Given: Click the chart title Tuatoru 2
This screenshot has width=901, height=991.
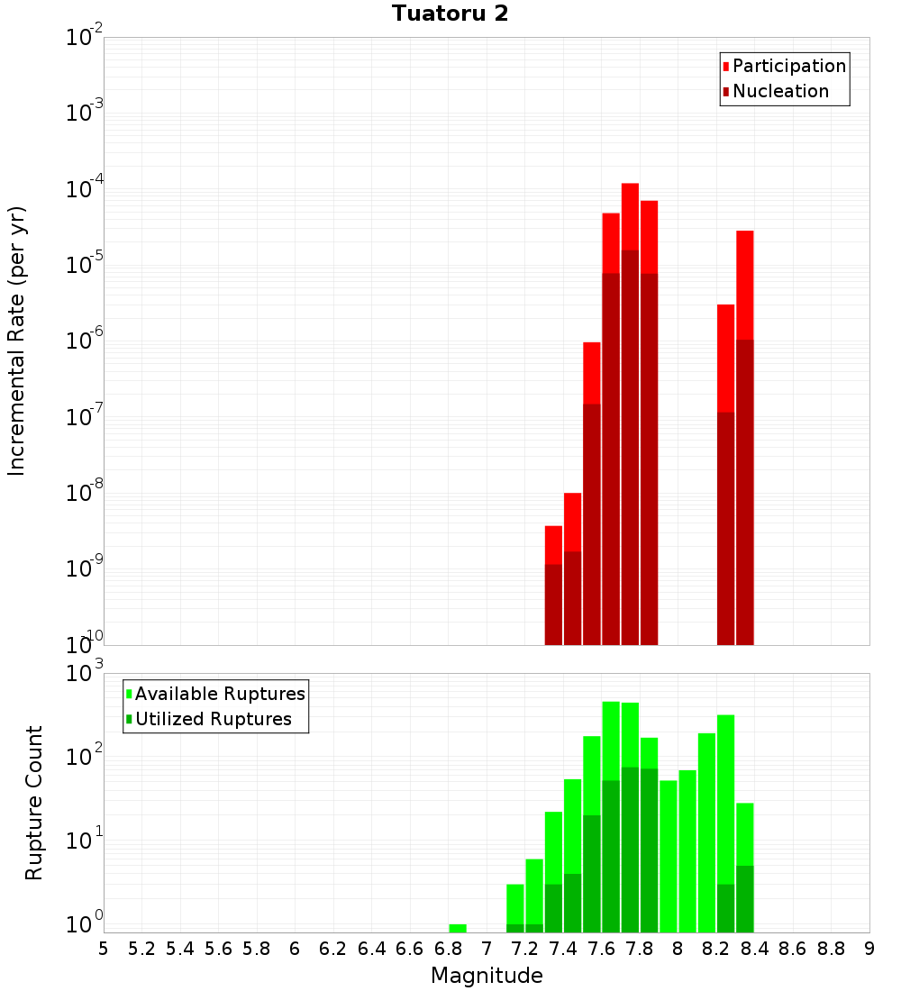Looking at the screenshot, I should point(450,14).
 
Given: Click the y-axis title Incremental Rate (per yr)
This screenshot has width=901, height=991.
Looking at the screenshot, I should point(17,341).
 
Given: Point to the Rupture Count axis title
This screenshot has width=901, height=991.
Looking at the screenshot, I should point(34,802).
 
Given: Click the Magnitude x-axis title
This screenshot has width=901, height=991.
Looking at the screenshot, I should point(487,976).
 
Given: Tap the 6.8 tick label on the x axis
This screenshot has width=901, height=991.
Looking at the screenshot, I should point(448,949).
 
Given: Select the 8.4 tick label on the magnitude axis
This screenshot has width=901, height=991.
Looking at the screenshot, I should point(754,949).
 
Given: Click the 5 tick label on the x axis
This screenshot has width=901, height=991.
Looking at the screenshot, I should point(104,949).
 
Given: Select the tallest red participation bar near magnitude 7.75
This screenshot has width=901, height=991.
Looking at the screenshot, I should point(630,216).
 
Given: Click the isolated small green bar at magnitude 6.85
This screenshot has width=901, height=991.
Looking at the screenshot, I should point(458,928).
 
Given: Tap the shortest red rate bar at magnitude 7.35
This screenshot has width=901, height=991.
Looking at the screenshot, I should point(553,544).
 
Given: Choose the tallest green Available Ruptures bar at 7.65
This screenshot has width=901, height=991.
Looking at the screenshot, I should point(611,739).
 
